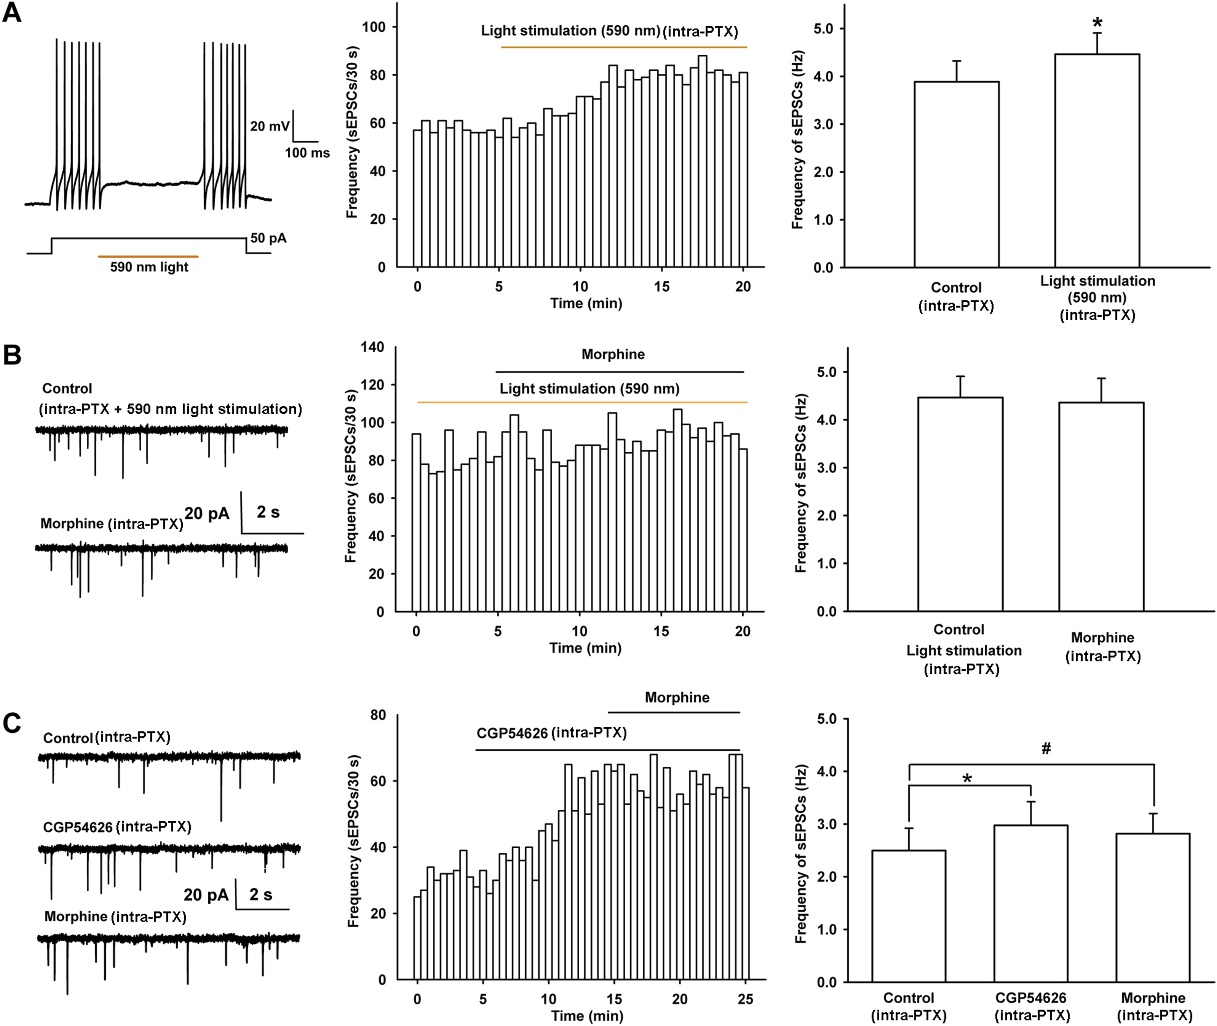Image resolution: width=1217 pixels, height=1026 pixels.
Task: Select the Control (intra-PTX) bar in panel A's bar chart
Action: (x=956, y=174)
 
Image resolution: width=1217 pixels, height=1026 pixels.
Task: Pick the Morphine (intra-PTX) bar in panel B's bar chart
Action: (x=1101, y=506)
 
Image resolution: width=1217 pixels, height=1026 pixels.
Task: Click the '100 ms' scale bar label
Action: (x=307, y=153)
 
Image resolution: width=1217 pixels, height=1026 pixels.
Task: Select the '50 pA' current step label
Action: (x=268, y=238)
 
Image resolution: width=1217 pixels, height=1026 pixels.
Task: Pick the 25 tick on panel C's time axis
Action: (x=745, y=999)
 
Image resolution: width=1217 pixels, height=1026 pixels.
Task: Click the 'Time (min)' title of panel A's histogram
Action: (x=586, y=303)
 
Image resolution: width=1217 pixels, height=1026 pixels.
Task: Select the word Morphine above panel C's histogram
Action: (x=677, y=697)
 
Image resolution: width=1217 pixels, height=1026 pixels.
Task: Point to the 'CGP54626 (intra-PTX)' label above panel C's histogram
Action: (x=551, y=733)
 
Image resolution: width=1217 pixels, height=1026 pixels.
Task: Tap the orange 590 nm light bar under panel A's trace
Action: (x=148, y=256)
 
